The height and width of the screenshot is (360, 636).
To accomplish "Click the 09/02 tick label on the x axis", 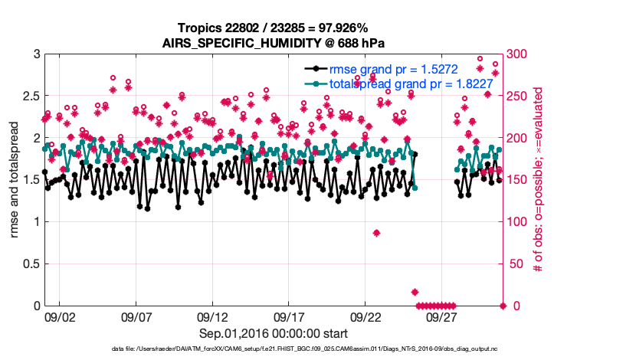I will (x=60, y=316).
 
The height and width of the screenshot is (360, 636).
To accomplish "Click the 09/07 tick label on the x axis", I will (x=136, y=316).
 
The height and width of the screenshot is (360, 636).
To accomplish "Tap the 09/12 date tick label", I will (x=212, y=316).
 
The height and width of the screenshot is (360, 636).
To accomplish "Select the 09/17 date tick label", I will (x=289, y=316).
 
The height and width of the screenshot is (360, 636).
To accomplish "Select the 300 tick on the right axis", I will (x=516, y=54).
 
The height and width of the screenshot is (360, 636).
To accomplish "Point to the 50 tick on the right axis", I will (x=513, y=264).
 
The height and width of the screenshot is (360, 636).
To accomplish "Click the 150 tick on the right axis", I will (x=516, y=180).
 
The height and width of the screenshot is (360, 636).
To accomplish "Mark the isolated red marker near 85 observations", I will (x=376, y=233).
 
